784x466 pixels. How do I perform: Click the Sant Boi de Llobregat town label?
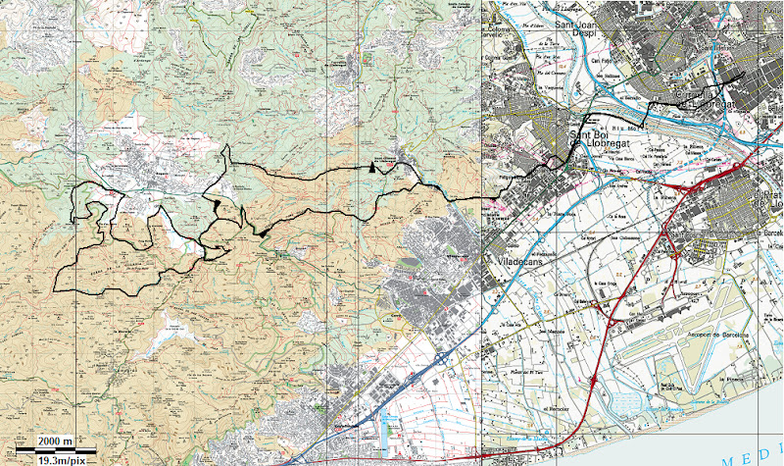[599, 141]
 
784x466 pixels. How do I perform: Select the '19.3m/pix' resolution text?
[61, 459]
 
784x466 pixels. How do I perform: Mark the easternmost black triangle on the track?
[373, 168]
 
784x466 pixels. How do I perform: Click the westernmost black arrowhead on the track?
[214, 203]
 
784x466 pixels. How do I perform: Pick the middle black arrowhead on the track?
[263, 233]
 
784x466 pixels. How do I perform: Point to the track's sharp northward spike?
[227, 147]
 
